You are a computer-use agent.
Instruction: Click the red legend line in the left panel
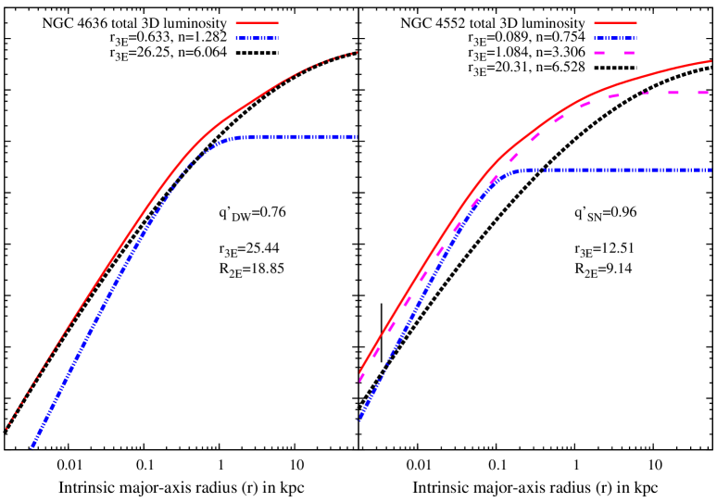coord(257,23)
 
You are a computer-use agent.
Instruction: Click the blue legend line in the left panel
coord(257,38)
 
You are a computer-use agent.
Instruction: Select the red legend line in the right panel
coord(615,23)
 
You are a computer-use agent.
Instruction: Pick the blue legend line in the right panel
coord(615,38)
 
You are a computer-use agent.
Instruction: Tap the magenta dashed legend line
coord(615,53)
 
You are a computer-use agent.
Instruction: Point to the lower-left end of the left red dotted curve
coord(6,429)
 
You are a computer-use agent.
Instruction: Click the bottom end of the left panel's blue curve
coord(31,448)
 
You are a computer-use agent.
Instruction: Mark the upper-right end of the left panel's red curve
coord(358,52)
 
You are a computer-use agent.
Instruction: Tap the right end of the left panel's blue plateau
coord(356,137)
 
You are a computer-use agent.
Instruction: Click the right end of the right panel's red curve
coord(711,61)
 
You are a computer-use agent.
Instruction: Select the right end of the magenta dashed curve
coord(709,93)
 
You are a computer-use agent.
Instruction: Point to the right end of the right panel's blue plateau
coord(711,169)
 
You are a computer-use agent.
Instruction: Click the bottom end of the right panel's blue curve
coord(359,420)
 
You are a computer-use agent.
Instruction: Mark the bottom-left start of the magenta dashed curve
coord(360,380)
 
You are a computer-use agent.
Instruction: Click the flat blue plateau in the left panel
coord(296,137)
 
